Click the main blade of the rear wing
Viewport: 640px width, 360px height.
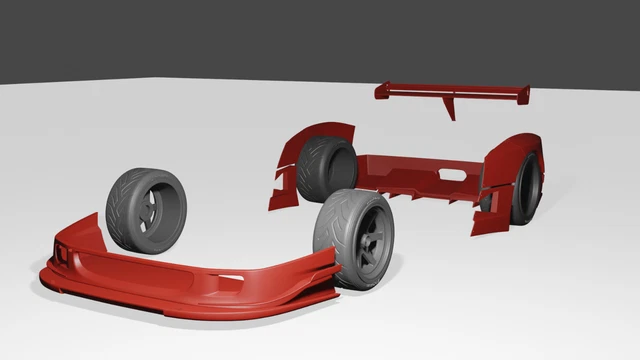pyautogui.click(x=450, y=91)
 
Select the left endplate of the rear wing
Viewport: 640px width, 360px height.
pyautogui.click(x=381, y=92)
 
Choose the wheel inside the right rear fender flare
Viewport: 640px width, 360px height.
pyautogui.click(x=525, y=190)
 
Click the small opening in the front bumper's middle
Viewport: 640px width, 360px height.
pyautogui.click(x=231, y=277)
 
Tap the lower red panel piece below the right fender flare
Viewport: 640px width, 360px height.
pyautogui.click(x=487, y=221)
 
